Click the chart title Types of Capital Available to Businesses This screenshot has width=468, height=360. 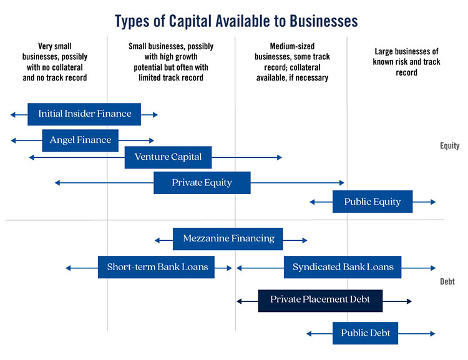(236, 21)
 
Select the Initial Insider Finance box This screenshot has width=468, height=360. (84, 114)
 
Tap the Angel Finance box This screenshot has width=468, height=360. (80, 140)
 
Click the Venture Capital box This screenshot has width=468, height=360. (168, 157)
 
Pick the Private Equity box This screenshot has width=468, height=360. (202, 183)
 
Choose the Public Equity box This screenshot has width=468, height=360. (372, 202)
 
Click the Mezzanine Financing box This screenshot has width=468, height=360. (228, 238)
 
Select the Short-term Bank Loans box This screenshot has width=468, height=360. (157, 267)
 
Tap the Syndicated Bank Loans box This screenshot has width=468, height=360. (343, 267)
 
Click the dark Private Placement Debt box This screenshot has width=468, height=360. (320, 300)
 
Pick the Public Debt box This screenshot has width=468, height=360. (365, 333)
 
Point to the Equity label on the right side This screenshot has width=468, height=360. (449, 146)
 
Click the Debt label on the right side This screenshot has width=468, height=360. (447, 282)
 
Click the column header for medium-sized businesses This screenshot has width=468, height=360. (291, 62)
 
